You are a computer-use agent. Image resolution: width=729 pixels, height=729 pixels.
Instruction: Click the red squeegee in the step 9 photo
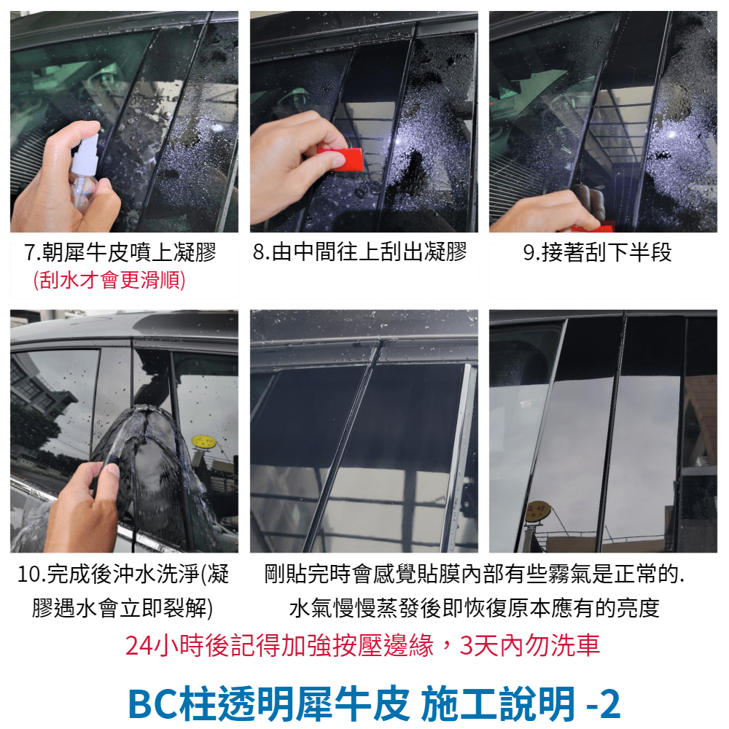[592, 227]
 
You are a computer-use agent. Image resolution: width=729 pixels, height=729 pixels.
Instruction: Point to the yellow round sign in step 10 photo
[203, 441]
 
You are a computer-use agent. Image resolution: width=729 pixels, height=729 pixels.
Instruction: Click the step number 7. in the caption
[32, 253]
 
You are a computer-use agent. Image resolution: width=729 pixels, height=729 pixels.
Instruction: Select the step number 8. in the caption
[262, 252]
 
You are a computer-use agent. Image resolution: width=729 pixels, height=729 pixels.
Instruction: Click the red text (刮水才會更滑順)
[109, 281]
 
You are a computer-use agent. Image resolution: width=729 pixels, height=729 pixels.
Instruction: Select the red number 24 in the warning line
[139, 646]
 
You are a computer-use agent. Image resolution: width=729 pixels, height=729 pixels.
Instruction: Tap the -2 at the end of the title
[604, 704]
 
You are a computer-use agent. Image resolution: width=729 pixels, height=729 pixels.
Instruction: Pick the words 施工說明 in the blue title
[498, 703]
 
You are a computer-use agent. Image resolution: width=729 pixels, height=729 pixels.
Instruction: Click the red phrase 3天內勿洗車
[529, 646]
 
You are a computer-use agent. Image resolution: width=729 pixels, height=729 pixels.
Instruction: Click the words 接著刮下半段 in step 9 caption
[607, 253]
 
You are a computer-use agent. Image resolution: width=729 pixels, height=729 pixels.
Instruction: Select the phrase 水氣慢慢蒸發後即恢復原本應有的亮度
[475, 608]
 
